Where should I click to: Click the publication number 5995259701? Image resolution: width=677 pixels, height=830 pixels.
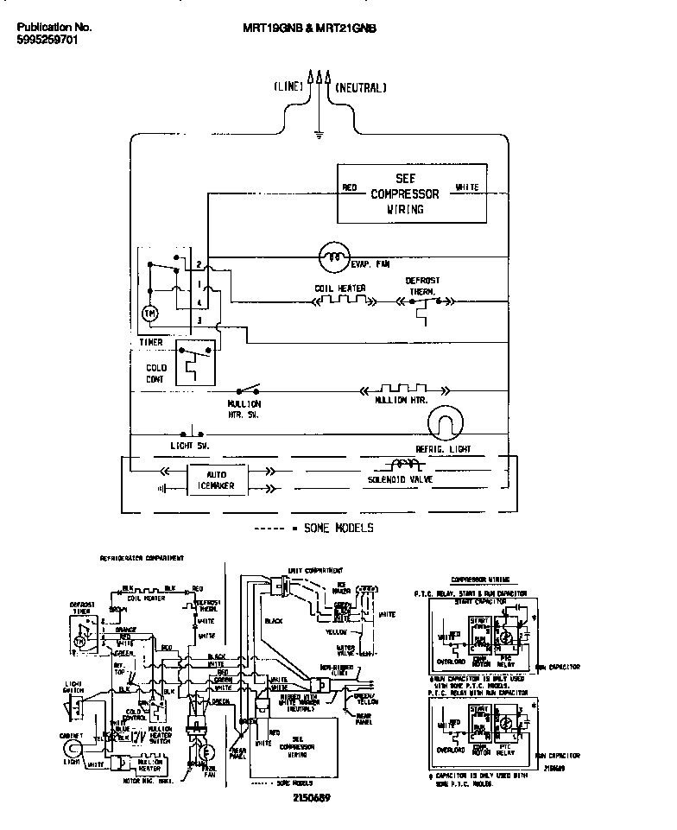[x=47, y=40]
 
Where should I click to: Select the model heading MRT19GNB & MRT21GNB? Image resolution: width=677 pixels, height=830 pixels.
[x=309, y=28]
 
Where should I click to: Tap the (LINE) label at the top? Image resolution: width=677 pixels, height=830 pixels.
[x=288, y=87]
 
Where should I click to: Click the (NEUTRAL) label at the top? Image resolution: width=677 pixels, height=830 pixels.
[x=360, y=87]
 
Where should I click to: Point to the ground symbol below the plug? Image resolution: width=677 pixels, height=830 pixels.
[x=319, y=134]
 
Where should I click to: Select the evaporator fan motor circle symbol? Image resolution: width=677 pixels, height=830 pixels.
[x=332, y=255]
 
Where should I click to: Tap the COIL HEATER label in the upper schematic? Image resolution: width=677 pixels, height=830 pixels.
[x=339, y=288]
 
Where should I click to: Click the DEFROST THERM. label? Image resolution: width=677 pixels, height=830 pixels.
[x=422, y=286]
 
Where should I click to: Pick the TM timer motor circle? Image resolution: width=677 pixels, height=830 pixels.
[x=150, y=313]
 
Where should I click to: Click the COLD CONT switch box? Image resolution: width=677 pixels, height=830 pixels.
[x=195, y=361]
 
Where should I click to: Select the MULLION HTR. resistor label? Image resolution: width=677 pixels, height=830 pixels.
[x=402, y=402]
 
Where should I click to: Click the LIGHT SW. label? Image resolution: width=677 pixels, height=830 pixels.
[x=190, y=446]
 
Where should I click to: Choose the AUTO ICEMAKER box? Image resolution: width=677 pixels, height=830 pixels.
[x=217, y=481]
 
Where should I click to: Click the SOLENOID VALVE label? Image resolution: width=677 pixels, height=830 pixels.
[x=400, y=478]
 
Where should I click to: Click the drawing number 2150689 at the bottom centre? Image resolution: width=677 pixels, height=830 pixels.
[x=311, y=796]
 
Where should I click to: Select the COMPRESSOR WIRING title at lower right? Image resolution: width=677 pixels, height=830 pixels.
[x=479, y=579]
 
